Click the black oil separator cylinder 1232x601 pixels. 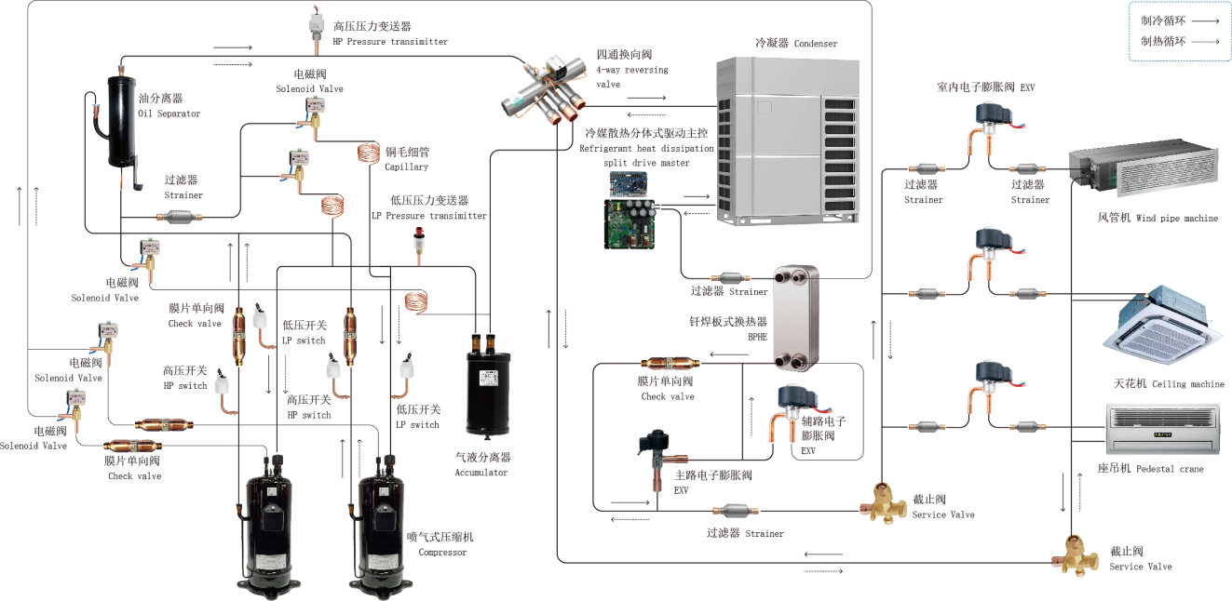click(122, 121)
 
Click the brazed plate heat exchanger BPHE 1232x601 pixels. click(794, 317)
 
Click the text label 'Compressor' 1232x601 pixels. click(442, 553)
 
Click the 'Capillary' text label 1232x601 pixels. click(406, 167)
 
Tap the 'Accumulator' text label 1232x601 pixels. click(481, 473)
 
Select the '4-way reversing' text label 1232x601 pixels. click(632, 70)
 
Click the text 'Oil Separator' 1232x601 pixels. click(169, 114)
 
